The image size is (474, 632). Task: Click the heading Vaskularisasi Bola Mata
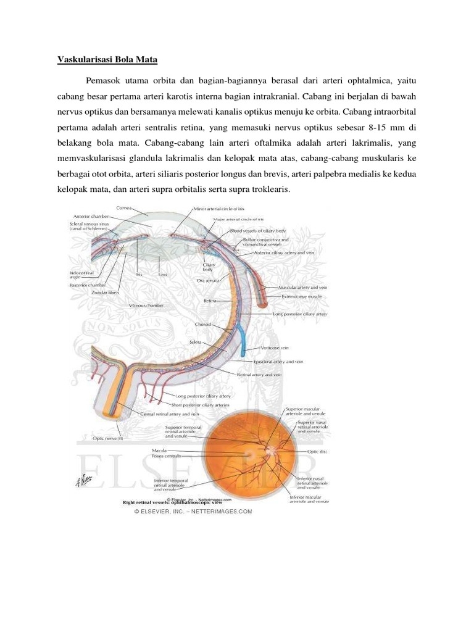107,60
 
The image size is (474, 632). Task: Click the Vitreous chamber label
146,306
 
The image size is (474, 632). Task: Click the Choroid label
203,324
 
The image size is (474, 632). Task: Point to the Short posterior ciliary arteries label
202,405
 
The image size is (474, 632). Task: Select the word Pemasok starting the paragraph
105,81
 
